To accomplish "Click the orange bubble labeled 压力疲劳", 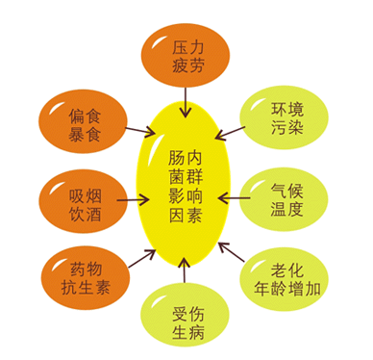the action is [x=186, y=52].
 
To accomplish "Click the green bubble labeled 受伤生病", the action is [x=185, y=318].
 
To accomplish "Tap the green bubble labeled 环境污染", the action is [x=286, y=117].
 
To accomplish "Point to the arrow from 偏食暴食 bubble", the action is [x=140, y=130].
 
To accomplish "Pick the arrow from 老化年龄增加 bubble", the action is [x=230, y=254].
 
